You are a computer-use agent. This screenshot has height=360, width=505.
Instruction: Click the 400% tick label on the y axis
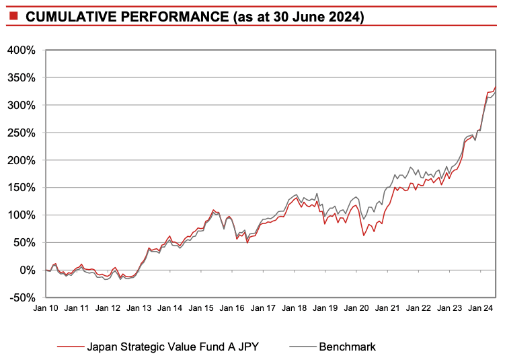(x=22, y=50)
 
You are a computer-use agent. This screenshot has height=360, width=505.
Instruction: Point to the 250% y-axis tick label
(x=22, y=133)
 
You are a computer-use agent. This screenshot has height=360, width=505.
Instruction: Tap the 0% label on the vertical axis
(x=28, y=271)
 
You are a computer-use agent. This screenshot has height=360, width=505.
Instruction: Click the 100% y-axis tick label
(x=22, y=215)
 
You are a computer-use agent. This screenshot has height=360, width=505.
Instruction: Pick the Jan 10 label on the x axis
(x=46, y=308)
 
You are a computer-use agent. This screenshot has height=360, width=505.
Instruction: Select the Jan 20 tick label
(x=356, y=308)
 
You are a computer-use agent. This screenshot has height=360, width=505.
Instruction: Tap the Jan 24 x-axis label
(x=479, y=308)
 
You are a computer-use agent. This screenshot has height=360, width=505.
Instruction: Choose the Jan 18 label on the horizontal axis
(x=294, y=308)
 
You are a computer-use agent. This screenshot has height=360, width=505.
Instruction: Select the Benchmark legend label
(x=347, y=347)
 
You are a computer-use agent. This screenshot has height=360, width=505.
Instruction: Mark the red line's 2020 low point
(x=363, y=235)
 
